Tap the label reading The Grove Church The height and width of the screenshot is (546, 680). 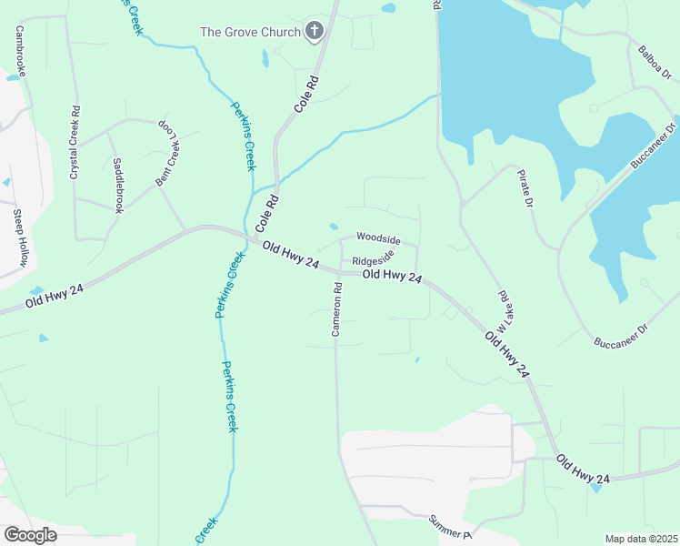[251, 33]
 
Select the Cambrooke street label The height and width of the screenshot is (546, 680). [19, 50]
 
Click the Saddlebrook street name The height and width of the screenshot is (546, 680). [117, 185]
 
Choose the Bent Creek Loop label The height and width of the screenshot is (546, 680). [168, 151]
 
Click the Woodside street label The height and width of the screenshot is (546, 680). [378, 238]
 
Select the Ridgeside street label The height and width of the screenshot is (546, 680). [373, 259]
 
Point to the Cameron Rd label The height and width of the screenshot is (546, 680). [336, 309]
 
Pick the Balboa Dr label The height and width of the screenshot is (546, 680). [654, 62]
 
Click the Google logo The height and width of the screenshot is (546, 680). [30, 534]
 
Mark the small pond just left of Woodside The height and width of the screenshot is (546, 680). [334, 227]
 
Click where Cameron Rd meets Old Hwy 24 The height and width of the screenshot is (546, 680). [336, 271]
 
